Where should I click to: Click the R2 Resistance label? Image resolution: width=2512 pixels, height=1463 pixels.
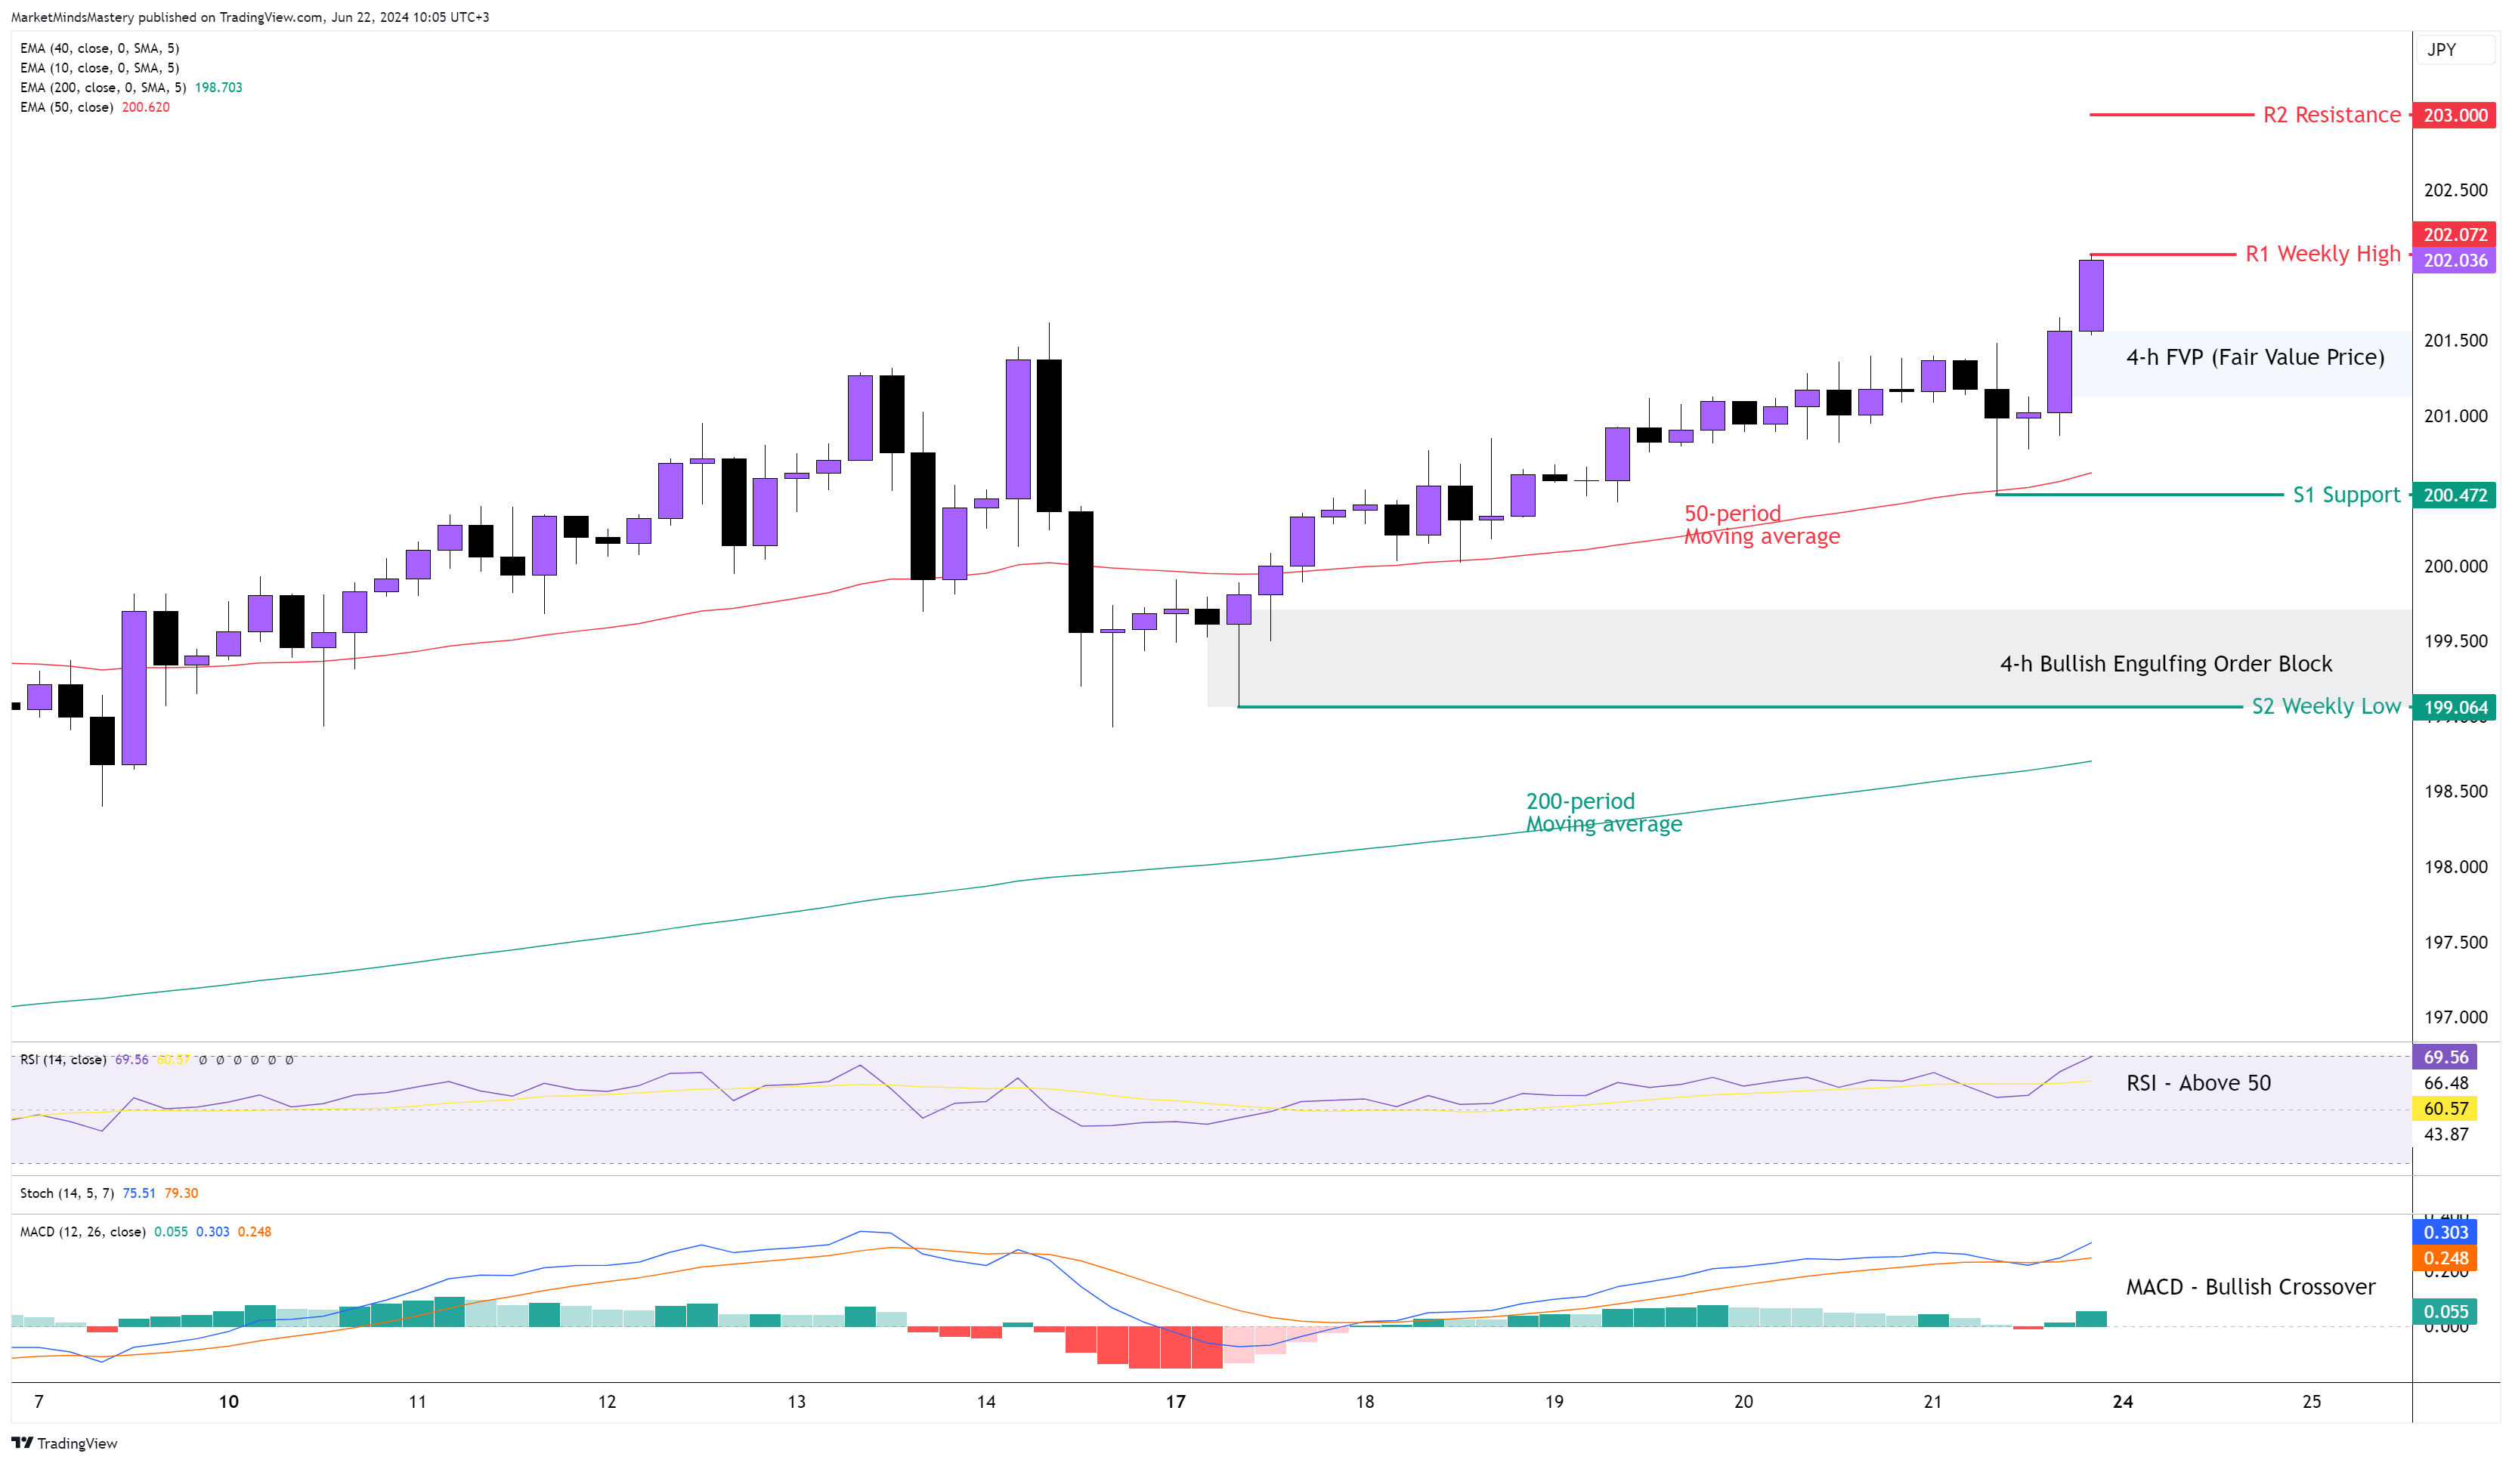tap(2331, 116)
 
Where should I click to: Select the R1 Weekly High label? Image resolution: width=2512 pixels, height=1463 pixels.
tap(2322, 254)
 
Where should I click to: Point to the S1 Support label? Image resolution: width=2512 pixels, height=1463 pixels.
tap(2346, 495)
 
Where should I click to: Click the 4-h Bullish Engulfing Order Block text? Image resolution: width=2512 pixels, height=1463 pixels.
tap(2165, 665)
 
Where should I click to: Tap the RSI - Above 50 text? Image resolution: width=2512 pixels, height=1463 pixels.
tap(2198, 1083)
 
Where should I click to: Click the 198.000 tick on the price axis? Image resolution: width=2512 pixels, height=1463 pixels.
tap(2455, 867)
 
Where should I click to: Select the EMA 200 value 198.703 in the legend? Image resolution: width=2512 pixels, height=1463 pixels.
tap(218, 88)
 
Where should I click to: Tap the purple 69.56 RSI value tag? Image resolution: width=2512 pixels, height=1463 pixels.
tap(2445, 1057)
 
